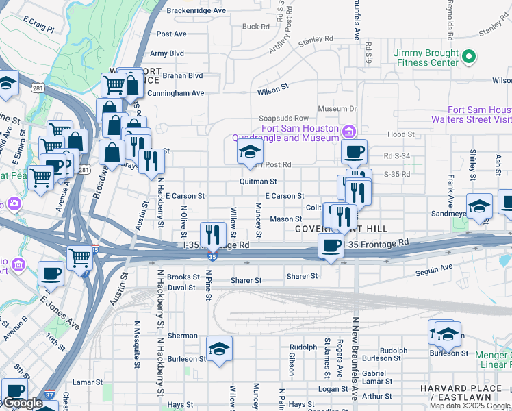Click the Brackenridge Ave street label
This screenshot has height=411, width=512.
click(x=196, y=11)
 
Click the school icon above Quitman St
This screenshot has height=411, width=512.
click(x=250, y=151)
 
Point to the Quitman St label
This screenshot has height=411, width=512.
click(x=258, y=182)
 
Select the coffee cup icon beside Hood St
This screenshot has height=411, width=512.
click(x=354, y=151)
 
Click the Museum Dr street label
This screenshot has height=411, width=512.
click(x=338, y=108)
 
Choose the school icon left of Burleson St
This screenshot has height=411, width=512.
click(x=219, y=349)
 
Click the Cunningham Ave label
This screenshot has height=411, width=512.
click(x=175, y=93)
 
